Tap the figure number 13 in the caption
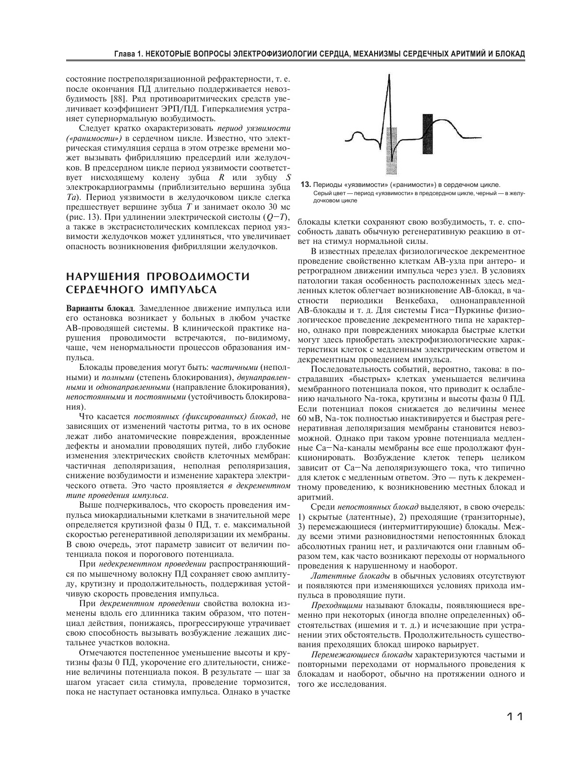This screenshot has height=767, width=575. click(305, 185)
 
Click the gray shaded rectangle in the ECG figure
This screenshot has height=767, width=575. click(393, 150)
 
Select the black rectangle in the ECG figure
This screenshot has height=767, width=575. click(428, 137)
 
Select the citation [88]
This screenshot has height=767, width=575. click(119, 99)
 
